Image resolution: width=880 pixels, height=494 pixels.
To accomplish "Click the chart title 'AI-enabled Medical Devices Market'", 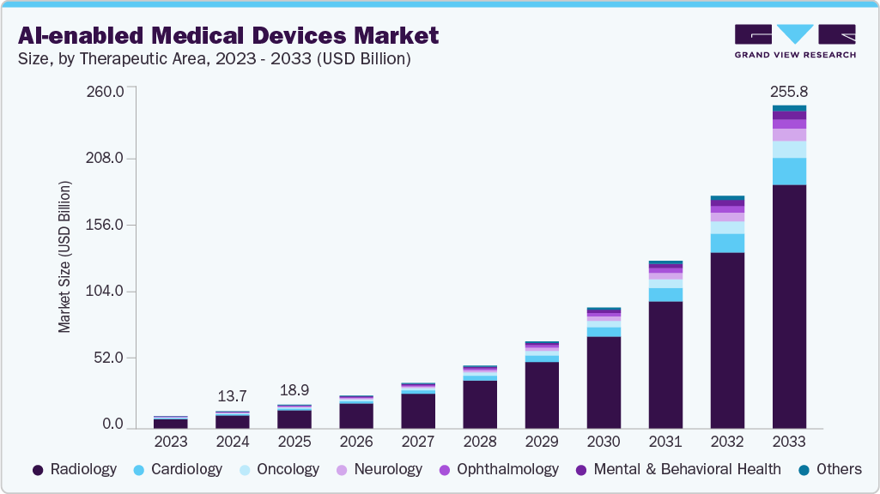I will click(228, 35).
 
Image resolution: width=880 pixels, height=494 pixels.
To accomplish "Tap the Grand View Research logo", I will click(795, 40).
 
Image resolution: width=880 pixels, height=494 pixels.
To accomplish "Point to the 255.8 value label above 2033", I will click(789, 91).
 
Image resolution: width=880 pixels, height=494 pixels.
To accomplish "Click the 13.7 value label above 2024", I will click(233, 396).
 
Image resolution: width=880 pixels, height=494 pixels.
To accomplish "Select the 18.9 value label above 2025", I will click(294, 390).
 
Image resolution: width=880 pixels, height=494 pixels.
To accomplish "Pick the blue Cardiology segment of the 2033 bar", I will click(789, 172).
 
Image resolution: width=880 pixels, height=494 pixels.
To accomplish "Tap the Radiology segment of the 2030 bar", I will click(604, 383).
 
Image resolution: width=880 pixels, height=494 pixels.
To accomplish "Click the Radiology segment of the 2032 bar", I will click(727, 340).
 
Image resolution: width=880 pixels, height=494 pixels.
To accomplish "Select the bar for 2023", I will click(171, 422).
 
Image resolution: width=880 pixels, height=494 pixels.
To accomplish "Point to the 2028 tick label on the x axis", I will click(480, 442).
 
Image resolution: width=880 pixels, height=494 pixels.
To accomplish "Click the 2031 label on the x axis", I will click(665, 442).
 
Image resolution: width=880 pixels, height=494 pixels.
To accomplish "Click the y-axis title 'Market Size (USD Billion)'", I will click(64, 257).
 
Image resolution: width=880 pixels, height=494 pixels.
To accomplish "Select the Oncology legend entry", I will click(279, 469).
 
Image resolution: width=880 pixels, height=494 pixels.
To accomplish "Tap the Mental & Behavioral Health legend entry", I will click(677, 469).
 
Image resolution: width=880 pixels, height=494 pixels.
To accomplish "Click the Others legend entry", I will click(829, 469).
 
